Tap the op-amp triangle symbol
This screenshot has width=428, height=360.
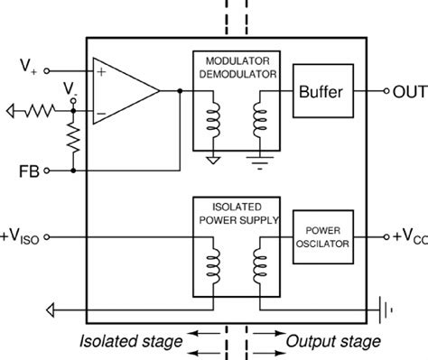pos(123,91)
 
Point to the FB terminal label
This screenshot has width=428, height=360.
pos(28,169)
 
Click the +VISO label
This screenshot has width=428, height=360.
pos(23,236)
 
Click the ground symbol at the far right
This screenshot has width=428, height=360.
pos(389,309)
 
